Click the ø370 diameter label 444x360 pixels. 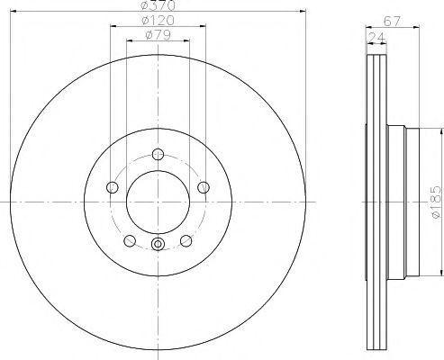(x=158, y=4)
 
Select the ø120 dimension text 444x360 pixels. (x=158, y=21)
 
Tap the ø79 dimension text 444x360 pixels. (x=158, y=35)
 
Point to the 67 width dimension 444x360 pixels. (x=392, y=22)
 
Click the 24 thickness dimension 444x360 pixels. (x=376, y=38)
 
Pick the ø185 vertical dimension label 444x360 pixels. (x=436, y=202)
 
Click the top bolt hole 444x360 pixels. (x=158, y=155)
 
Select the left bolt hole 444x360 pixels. (x=113, y=187)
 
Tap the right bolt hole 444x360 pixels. (x=204, y=187)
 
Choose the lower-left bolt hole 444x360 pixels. (x=130, y=240)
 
